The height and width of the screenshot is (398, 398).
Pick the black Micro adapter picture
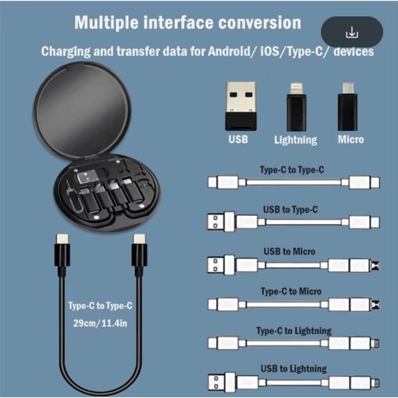(x=347, y=107)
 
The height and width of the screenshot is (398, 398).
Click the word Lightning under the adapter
(x=296, y=140)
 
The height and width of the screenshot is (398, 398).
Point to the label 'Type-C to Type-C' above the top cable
(x=292, y=170)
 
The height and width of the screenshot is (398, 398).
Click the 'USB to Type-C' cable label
(x=291, y=209)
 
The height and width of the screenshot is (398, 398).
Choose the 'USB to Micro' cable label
(x=289, y=252)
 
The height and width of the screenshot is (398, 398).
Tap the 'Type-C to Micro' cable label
(x=291, y=291)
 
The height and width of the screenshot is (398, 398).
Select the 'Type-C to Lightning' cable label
(x=294, y=331)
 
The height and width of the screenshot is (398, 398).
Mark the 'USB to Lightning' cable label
(x=294, y=369)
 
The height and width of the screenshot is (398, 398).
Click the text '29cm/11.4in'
(x=100, y=323)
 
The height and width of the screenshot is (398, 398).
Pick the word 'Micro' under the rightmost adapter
(x=351, y=139)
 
